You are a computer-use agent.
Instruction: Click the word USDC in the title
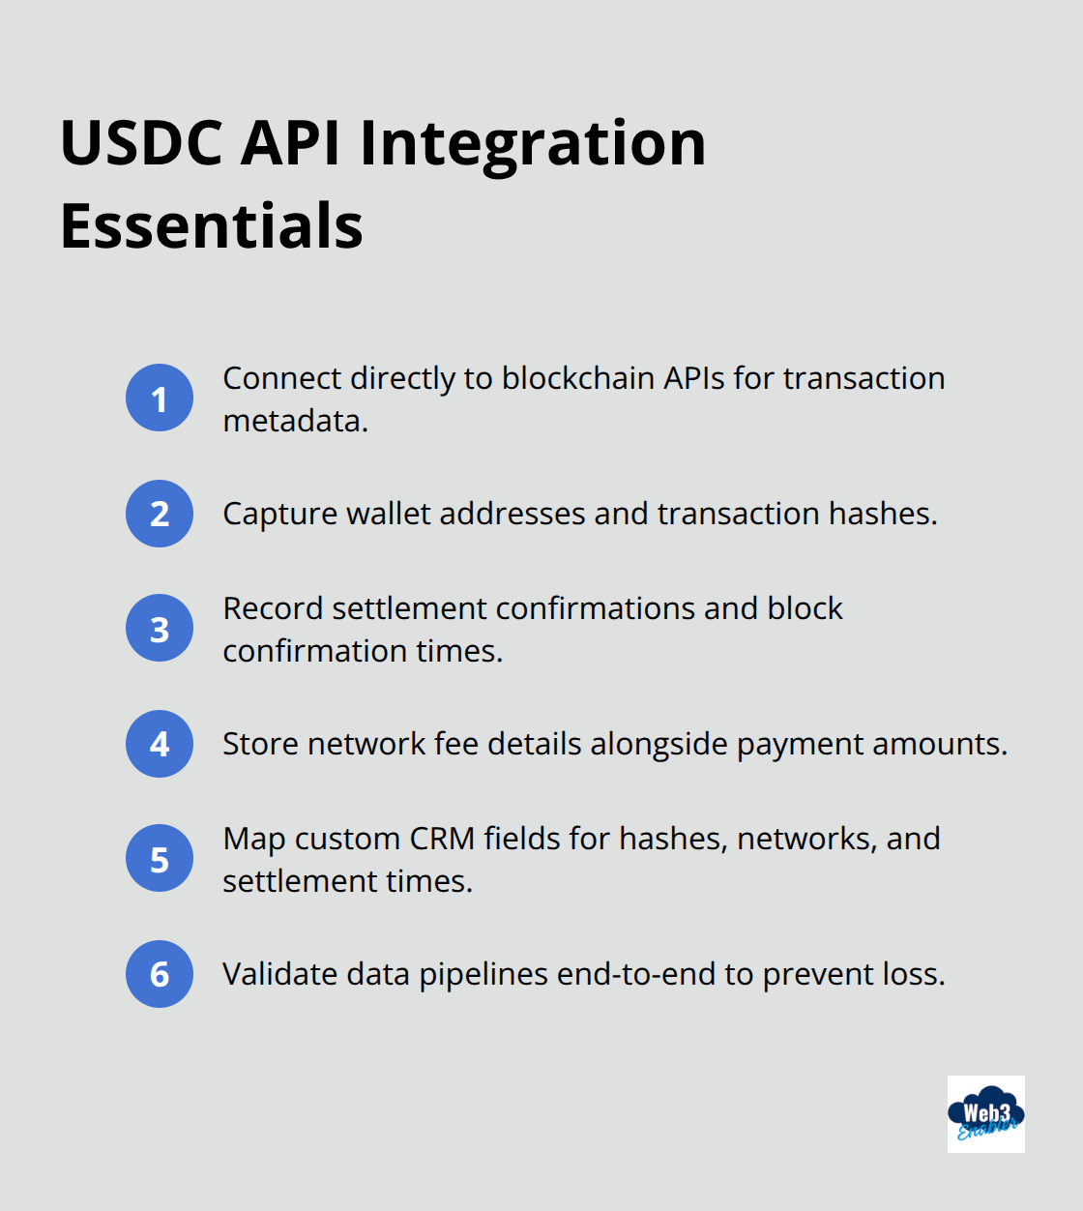(141, 143)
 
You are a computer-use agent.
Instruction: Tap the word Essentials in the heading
(212, 226)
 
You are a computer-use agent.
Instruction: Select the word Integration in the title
(533, 143)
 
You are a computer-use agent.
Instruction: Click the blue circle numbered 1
(160, 398)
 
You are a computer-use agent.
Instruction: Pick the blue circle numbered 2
(160, 514)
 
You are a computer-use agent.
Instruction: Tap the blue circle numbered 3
(160, 629)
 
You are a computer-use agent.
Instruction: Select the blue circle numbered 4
(160, 744)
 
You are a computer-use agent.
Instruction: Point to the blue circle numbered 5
(160, 859)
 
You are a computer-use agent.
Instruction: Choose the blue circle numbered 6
(160, 974)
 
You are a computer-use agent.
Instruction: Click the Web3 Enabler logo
(985, 1114)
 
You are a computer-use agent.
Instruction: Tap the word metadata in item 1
(294, 422)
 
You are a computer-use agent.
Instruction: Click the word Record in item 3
(272, 608)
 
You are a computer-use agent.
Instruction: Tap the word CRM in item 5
(442, 839)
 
